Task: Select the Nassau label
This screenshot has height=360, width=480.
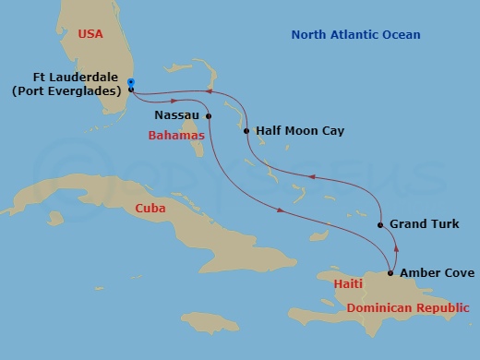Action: [x=178, y=116]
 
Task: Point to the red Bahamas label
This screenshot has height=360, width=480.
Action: [x=177, y=135]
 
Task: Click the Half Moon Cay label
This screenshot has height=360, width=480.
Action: [x=300, y=131]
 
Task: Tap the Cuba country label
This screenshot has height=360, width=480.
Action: [x=150, y=209]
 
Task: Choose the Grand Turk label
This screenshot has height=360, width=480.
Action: [x=425, y=224]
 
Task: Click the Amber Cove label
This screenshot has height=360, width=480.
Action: [x=438, y=273]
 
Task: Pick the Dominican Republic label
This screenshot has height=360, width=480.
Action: [x=407, y=307]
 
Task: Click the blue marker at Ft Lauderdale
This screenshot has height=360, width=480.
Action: [x=131, y=83]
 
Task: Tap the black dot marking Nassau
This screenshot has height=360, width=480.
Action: [x=209, y=116]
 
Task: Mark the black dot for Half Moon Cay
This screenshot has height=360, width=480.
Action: [x=246, y=131]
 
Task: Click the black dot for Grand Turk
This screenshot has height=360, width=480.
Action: [x=381, y=224]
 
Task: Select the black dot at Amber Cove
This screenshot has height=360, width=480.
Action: [x=390, y=273]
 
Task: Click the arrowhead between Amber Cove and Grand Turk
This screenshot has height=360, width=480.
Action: [x=395, y=247]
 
